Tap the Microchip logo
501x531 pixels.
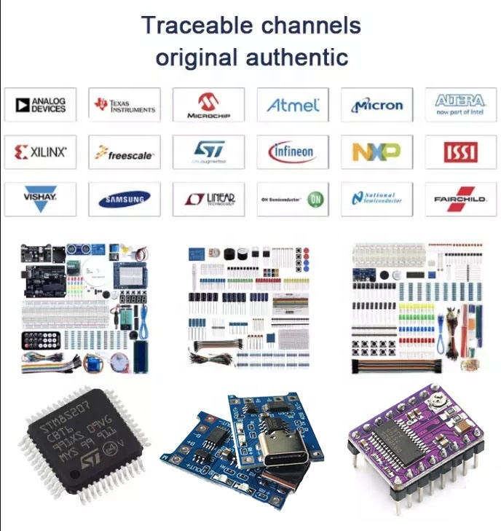208,105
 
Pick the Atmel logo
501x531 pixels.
293,105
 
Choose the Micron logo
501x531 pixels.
377,105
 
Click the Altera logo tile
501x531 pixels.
460,105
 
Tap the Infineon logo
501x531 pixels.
293,152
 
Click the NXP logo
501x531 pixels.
377,152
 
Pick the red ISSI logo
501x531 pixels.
460,152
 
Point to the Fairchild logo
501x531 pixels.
460,199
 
